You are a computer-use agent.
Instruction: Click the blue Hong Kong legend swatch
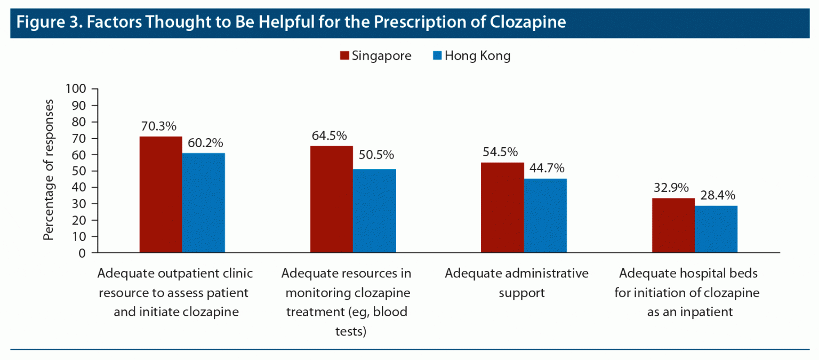tap(436, 56)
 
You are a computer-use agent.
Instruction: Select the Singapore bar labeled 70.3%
tap(160, 195)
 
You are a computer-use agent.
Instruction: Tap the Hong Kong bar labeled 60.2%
tap(203, 203)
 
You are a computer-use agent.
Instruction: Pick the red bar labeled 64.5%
tap(331, 199)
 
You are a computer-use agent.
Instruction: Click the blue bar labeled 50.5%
tap(374, 211)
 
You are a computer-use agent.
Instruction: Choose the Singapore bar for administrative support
tap(502, 207)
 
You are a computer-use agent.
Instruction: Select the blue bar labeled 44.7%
tap(545, 215)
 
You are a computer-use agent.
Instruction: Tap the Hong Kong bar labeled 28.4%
tap(716, 229)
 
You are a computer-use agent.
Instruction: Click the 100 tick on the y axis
tap(76, 89)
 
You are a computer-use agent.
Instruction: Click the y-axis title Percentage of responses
tap(49, 170)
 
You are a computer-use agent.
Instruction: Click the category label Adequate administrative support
tap(517, 283)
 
